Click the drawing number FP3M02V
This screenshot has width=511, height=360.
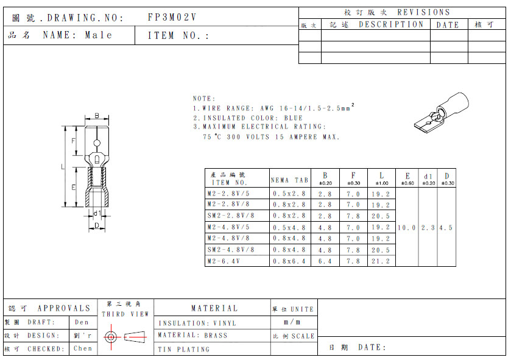tap(172, 18)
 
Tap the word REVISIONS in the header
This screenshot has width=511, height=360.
tap(423, 12)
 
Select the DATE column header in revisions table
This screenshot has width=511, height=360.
tap(448, 25)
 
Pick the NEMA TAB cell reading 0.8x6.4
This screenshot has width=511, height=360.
tap(289, 261)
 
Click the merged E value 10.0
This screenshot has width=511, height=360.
tap(407, 227)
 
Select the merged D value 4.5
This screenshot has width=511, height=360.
tap(446, 227)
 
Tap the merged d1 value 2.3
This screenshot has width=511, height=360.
tap(428, 227)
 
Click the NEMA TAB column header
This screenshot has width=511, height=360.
tap(289, 180)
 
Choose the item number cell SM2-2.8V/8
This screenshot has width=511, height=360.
tap(230, 216)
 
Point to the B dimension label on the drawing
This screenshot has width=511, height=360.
tap(97, 116)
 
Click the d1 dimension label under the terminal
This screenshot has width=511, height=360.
tap(96, 213)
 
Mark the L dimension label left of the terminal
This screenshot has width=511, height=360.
tap(63, 166)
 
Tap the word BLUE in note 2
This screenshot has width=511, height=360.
tap(293, 118)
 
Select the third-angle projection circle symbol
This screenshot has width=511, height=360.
tap(110, 336)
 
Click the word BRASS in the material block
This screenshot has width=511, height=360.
tap(215, 335)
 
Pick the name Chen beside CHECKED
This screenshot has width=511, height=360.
tap(82, 348)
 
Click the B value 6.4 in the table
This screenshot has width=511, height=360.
tap(325, 261)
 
